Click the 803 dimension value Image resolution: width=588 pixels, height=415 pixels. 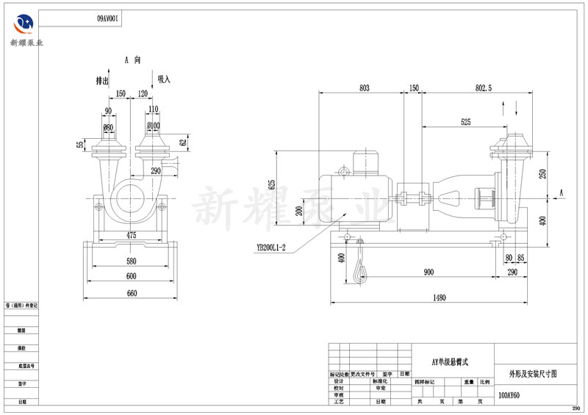(364, 88)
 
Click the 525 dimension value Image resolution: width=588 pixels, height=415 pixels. (466, 121)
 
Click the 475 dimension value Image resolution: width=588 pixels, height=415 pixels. (132, 235)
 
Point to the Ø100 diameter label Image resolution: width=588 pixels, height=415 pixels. (154, 126)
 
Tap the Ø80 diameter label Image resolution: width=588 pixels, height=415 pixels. (108, 126)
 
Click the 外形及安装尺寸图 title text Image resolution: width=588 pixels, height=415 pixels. (532, 374)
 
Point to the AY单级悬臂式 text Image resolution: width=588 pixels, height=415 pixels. (450, 362)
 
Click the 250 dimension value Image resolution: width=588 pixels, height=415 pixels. (543, 173)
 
